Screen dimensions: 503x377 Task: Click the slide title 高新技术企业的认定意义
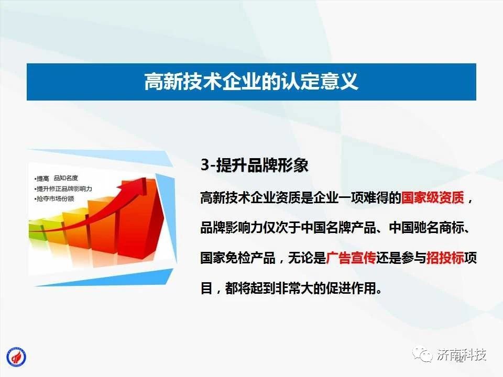tap(251, 81)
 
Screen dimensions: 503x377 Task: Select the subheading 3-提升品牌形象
tap(255, 165)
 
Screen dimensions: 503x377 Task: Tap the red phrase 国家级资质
tap(433, 197)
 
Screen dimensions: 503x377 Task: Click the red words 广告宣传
tap(351, 258)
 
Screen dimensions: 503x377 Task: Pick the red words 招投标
tap(445, 258)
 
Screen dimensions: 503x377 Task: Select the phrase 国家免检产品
tap(238, 258)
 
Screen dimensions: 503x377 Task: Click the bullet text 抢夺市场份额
tap(55, 199)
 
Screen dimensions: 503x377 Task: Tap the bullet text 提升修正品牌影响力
tap(63, 188)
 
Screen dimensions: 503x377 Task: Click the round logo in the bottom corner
tap(16, 357)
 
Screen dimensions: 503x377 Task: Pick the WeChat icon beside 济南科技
tap(422, 354)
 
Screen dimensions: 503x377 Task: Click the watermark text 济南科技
tap(461, 354)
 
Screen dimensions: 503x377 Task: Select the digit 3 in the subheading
tap(205, 165)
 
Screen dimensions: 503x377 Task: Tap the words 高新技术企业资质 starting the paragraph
tap(250, 197)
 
